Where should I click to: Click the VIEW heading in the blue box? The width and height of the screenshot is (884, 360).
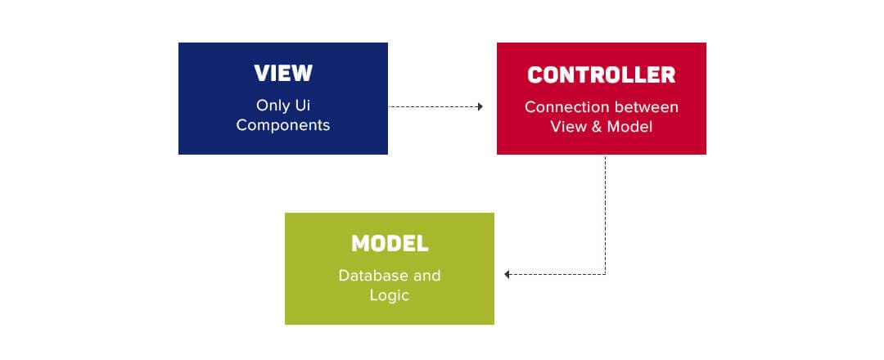(283, 74)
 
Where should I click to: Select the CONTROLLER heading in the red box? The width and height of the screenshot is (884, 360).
(602, 75)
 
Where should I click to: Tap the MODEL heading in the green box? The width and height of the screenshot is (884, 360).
(390, 243)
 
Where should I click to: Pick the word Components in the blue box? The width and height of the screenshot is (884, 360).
(283, 125)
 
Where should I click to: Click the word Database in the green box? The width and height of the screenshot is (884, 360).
(373, 276)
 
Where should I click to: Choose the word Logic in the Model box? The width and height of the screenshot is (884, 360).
(390, 295)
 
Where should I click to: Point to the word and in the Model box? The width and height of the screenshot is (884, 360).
(427, 276)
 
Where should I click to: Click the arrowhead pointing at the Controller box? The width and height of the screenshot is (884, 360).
(480, 106)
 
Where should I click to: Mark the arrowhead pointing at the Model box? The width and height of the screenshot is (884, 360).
(507, 274)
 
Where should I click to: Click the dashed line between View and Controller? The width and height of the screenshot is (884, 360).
(433, 106)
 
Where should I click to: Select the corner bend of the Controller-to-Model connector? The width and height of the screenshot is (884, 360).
(606, 274)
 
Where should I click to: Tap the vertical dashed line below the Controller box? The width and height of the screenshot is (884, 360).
(606, 214)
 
